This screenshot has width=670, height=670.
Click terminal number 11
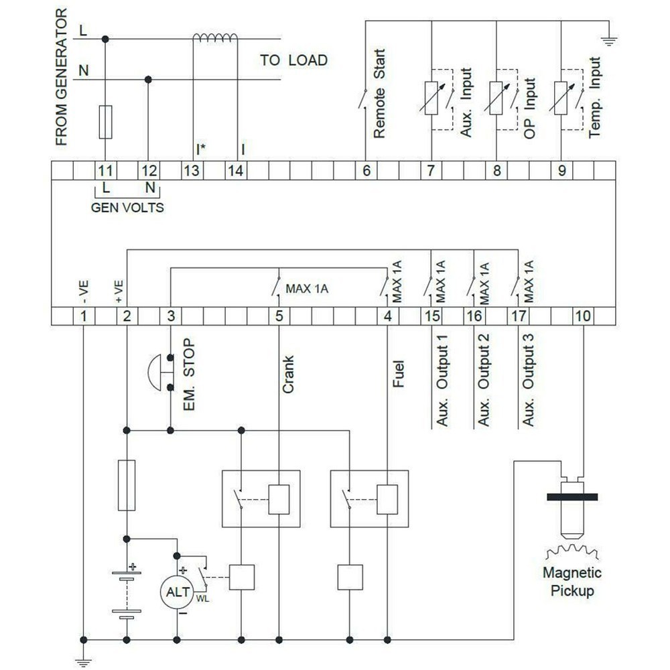click(105, 170)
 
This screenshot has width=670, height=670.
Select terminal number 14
click(235, 170)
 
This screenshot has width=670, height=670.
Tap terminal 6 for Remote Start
click(366, 170)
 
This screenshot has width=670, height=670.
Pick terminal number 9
click(561, 170)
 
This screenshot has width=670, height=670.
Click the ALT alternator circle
click(176, 592)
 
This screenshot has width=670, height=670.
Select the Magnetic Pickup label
click(572, 582)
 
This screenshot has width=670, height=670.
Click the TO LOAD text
click(293, 60)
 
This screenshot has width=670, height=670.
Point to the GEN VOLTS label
click(127, 207)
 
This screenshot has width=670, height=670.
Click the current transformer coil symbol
click(214, 39)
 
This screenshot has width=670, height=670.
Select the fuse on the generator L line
click(105, 121)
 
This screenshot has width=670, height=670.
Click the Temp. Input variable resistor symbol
click(560, 97)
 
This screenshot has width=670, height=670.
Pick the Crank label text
click(288, 375)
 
